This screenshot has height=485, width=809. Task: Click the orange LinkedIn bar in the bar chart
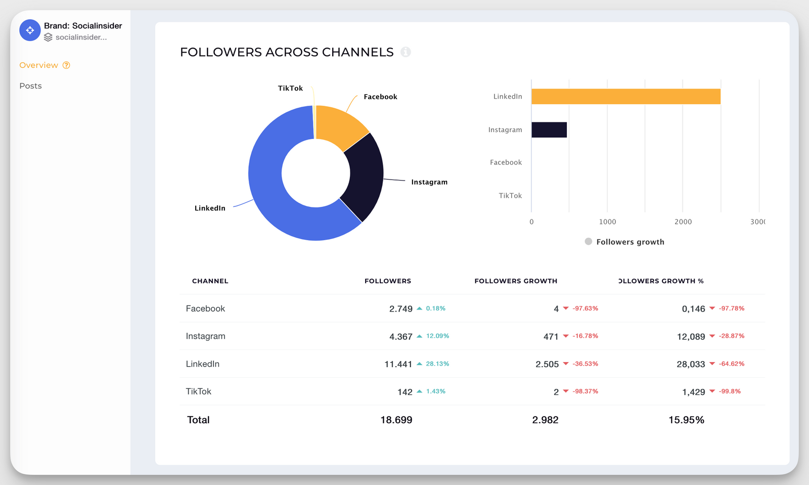625,97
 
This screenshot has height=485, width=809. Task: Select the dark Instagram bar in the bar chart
549,130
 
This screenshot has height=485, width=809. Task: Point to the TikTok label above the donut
290,88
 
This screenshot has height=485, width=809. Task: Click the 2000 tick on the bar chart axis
683,222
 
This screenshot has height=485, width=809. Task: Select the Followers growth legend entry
624,242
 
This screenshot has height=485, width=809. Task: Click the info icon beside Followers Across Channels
406,52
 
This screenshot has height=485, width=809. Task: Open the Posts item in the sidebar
30,86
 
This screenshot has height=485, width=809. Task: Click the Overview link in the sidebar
39,65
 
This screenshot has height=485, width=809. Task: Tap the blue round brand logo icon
30,30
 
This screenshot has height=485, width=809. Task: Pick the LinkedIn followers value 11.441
398,364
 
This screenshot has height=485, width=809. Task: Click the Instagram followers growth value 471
551,336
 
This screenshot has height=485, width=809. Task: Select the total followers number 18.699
396,420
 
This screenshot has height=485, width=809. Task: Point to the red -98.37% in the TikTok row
585,391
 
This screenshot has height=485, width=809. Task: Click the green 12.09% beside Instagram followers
437,336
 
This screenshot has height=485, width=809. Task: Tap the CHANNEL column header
210,281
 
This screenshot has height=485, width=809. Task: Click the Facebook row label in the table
205,308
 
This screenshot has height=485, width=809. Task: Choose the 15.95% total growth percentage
686,420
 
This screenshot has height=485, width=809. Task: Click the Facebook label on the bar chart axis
506,162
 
